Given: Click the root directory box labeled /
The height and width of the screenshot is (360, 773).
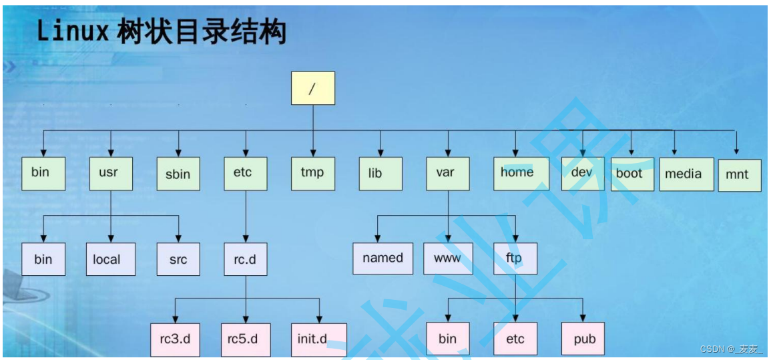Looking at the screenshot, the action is (313, 87).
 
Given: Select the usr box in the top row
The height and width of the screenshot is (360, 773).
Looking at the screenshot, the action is (111, 174).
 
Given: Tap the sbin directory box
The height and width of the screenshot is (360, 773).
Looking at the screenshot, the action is (178, 174).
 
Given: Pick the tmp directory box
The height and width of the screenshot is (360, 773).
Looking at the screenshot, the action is (313, 174).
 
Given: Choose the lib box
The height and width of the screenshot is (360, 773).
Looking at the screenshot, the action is (380, 174).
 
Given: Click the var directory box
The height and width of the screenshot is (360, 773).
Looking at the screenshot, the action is (448, 174).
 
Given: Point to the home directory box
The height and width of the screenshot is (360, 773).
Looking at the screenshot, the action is (521, 174).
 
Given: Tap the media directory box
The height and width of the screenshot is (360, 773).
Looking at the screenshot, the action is (687, 174).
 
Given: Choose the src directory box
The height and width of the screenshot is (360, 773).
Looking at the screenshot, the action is (178, 259).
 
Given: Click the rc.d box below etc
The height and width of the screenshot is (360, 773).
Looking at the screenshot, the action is (246, 259).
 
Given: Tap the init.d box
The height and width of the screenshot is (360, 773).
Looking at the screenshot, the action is (319, 340).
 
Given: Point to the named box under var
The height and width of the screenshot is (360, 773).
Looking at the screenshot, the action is (383, 258).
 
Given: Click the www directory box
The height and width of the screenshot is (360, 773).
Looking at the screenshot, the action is (448, 258).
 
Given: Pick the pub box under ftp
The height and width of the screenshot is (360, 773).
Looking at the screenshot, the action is (583, 340).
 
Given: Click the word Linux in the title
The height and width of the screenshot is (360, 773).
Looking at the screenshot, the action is (73, 33).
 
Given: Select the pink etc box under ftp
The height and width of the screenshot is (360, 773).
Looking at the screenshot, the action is (515, 340).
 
